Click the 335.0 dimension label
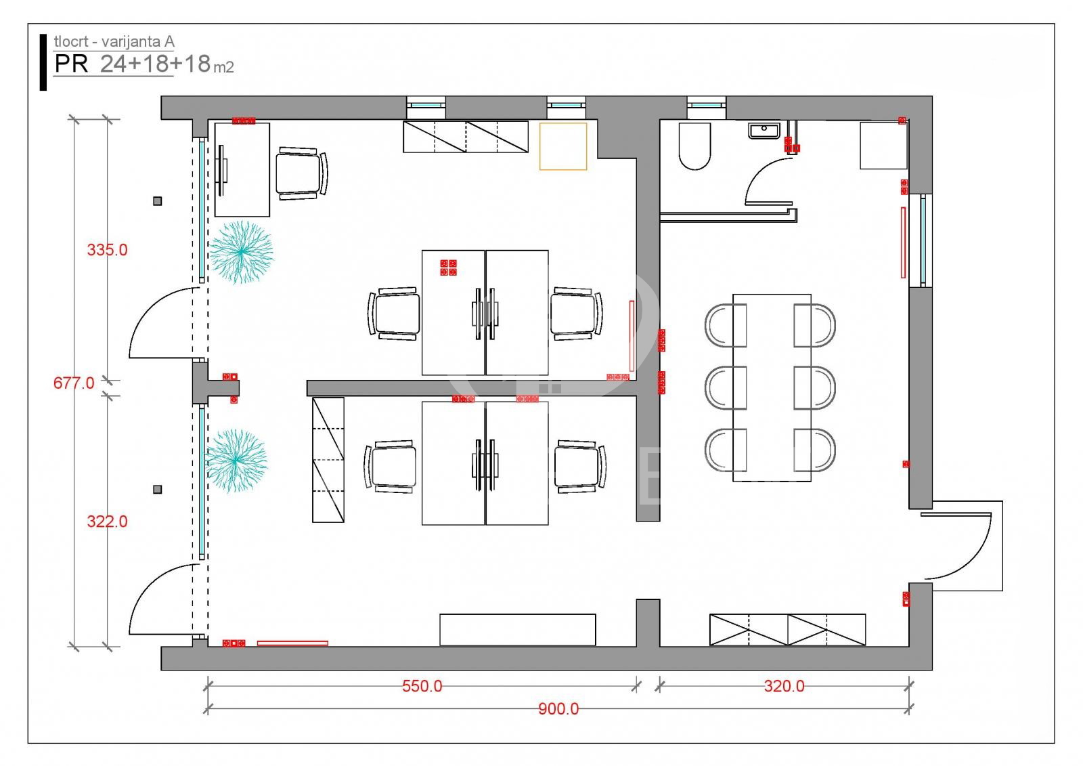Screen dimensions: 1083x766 pos(107,250)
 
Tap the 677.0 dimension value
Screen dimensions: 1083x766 pos(74,383)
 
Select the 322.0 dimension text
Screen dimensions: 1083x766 pos(107,522)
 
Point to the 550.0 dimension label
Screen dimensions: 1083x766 pos(422,686)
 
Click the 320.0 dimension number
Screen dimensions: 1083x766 pos(784,686)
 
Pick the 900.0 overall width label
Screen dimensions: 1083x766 pos(558,709)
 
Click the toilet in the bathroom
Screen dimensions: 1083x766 pos(694,146)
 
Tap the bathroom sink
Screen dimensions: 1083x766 pos(764,131)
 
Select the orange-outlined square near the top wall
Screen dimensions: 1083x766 pos(563,146)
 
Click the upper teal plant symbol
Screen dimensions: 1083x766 pos(241,252)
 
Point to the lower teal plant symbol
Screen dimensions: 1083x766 pos(236,460)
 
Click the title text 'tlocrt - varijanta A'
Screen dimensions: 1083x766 pos(114,41)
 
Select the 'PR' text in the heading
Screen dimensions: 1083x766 pos(71,64)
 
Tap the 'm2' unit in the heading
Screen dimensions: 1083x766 pos(224,67)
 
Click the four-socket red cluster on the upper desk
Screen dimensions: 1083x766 pos(448,268)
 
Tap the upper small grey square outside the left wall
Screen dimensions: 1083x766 pos(158,201)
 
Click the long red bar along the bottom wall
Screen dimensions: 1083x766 pos(292,643)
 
